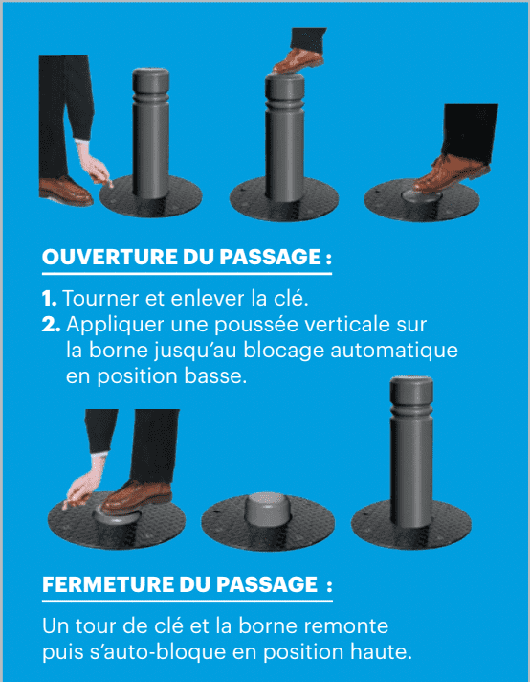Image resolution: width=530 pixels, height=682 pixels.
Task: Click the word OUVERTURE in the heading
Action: (x=109, y=257)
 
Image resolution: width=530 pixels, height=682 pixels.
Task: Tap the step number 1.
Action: (x=49, y=299)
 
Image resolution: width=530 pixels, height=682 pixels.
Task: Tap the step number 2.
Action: (x=52, y=325)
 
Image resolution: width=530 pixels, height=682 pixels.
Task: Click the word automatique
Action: (x=394, y=352)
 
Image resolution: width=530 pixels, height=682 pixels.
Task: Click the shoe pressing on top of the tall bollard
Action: (x=298, y=60)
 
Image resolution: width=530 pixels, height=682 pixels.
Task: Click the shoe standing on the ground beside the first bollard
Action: (x=65, y=191)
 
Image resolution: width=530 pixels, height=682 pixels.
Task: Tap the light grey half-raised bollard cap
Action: (x=267, y=508)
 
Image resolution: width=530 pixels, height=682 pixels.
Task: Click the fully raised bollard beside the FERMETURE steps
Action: (x=411, y=452)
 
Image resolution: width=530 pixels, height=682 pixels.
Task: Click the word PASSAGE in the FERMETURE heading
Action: (x=267, y=584)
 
